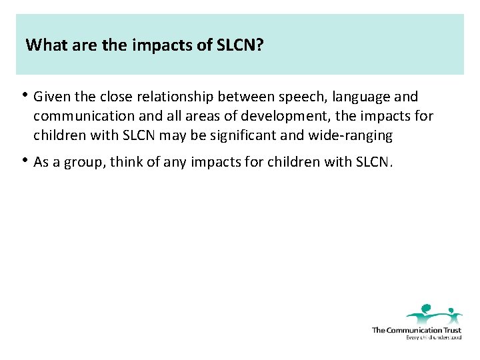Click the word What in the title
click(x=44, y=45)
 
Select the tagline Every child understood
click(x=433, y=337)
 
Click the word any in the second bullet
click(x=168, y=162)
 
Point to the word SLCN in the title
click(x=236, y=45)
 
